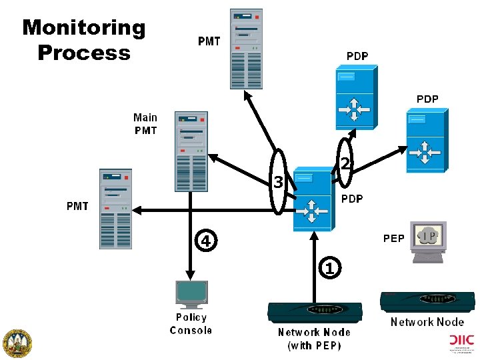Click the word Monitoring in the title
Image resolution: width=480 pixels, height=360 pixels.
[83, 28]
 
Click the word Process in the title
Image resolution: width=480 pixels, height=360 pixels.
[84, 53]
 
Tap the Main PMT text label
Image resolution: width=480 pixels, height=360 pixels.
[145, 124]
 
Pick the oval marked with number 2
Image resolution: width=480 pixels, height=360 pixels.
[345, 163]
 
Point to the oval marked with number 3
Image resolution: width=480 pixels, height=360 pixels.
[278, 181]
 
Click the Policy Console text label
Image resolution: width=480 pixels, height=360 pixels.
[191, 324]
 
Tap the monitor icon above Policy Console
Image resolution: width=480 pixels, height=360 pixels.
[191, 293]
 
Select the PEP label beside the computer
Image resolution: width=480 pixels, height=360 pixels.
[393, 238]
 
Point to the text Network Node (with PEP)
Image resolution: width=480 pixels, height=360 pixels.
[314, 339]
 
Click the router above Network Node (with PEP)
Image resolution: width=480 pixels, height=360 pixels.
[315, 311]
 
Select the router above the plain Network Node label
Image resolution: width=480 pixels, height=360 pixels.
[427, 301]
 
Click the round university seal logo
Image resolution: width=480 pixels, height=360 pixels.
[18, 343]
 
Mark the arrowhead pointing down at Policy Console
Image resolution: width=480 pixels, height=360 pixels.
[191, 275]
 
